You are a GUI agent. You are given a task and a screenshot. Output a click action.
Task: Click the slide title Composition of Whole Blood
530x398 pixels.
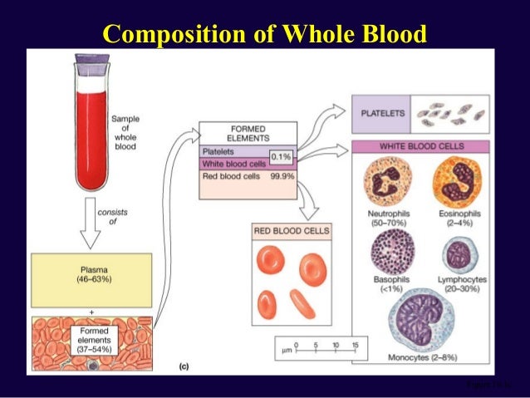click(264, 34)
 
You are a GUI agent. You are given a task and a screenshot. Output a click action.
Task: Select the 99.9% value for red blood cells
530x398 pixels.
click(282, 177)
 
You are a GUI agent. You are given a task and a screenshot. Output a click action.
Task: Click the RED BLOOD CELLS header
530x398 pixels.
click(291, 231)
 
